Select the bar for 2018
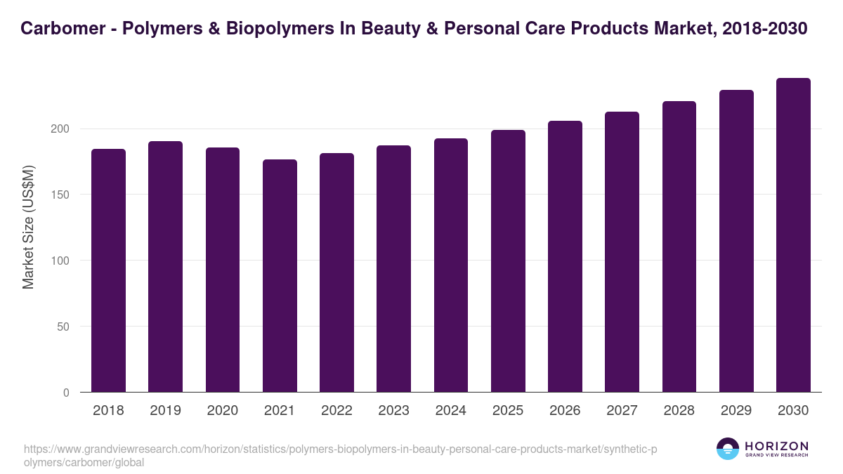coord(108,270)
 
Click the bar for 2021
coord(280,275)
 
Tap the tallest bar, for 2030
coord(793,235)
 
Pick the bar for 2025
coord(508,261)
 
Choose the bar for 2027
coord(622,252)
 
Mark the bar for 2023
coord(393,269)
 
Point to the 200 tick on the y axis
coord(61,129)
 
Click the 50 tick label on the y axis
coord(64,327)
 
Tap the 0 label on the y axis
coord(67,393)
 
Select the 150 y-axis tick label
coord(61,195)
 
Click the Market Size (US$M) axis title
coord(28,228)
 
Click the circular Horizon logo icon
coord(728,449)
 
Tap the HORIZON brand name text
coord(776,446)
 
